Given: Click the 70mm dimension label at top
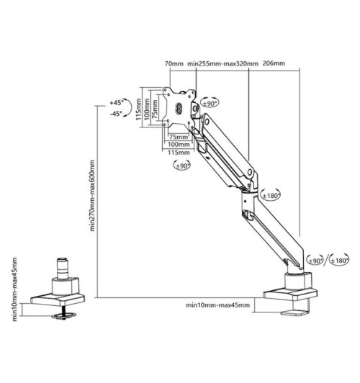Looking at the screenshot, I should point(174,64).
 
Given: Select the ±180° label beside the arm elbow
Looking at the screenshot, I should point(270,194).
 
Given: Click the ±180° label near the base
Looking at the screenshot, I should point(339,260).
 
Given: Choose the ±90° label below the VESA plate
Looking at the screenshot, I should point(181,166).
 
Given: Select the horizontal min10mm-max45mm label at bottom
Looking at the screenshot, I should point(218,306).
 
